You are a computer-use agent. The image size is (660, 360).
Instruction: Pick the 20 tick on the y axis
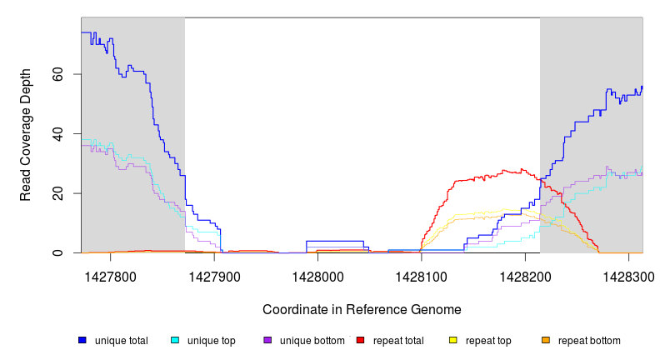pos(68,193)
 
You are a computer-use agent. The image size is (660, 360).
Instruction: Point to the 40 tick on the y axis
pos(68,133)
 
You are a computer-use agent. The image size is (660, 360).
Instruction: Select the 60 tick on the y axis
pos(68,74)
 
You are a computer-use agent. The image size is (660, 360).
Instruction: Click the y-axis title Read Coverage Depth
pos(26,135)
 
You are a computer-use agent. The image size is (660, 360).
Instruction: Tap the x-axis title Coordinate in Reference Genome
pos(362,309)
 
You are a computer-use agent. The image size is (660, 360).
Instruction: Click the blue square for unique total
pos(82,341)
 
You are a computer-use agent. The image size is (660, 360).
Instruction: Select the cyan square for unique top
pos(175,341)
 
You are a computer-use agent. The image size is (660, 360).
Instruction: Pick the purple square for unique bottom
pos(267,341)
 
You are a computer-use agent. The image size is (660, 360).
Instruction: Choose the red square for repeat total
pos(360,341)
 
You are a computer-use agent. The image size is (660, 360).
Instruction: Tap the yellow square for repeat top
pos(452,341)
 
